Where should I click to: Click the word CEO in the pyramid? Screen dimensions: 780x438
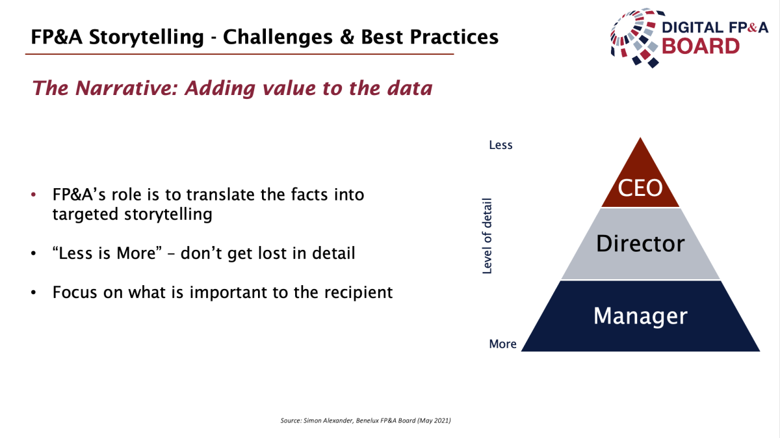tap(640, 188)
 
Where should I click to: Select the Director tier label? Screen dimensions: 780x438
tap(640, 243)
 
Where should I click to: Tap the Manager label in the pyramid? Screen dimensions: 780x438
tap(640, 316)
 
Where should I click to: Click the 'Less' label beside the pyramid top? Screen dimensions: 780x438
tap(500, 145)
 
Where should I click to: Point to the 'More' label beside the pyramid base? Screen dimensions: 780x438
tap(502, 344)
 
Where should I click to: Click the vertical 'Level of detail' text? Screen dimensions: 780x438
tap(487, 236)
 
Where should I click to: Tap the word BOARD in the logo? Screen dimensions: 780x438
tap(701, 46)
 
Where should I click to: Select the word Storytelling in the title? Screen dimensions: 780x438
tap(146, 37)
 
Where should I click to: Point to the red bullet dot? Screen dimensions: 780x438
tap(33, 195)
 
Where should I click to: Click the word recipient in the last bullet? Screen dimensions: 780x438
tap(358, 293)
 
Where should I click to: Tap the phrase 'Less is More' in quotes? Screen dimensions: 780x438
tap(107, 253)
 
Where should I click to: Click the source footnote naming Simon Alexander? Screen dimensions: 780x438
tap(365, 420)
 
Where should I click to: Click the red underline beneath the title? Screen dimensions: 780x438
tap(240, 54)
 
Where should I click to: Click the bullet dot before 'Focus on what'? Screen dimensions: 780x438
tap(33, 292)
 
